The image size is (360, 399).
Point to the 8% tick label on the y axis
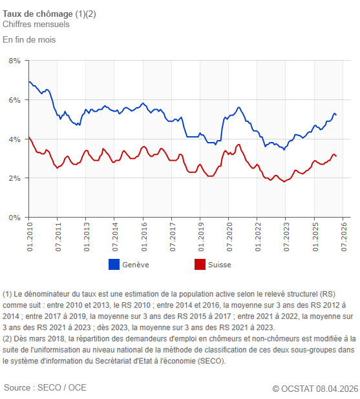tap(14, 61)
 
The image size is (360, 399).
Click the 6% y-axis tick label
tap(14, 100)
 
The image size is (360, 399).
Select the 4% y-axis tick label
tap(14, 139)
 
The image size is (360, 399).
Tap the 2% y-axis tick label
tap(14, 178)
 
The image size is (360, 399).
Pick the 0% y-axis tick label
tap(14, 218)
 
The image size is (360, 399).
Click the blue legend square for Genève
tap(114, 264)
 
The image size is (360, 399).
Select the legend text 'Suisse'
tap(220, 265)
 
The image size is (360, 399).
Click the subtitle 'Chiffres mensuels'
tap(36, 25)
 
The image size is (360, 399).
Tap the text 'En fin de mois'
tap(29, 39)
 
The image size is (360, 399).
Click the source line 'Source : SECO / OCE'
tap(45, 387)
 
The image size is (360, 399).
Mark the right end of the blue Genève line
tap(336, 115)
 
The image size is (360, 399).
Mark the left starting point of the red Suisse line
tap(29, 137)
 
